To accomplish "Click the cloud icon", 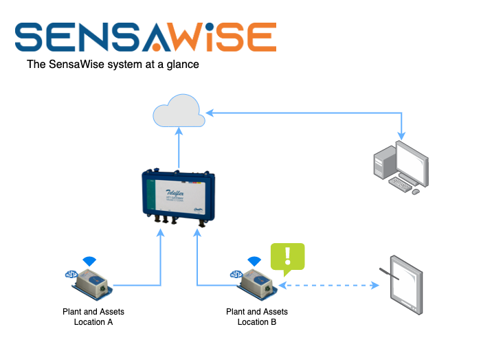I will tap(179, 111).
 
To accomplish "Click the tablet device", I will tap(406, 284).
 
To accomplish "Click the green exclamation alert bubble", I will tap(287, 257).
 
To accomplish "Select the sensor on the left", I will tap(91, 283).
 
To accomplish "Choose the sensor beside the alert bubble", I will tap(257, 283).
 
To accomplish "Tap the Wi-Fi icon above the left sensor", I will tap(89, 261).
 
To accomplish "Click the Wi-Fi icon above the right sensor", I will tap(255, 261).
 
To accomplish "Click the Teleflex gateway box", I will tap(178, 196).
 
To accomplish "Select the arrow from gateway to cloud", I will tap(179, 148).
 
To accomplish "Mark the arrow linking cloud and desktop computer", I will tap(302, 113).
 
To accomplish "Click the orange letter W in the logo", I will tap(186, 37).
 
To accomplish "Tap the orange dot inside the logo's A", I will tap(156, 47).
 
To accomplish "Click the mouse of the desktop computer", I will tap(416, 191).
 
